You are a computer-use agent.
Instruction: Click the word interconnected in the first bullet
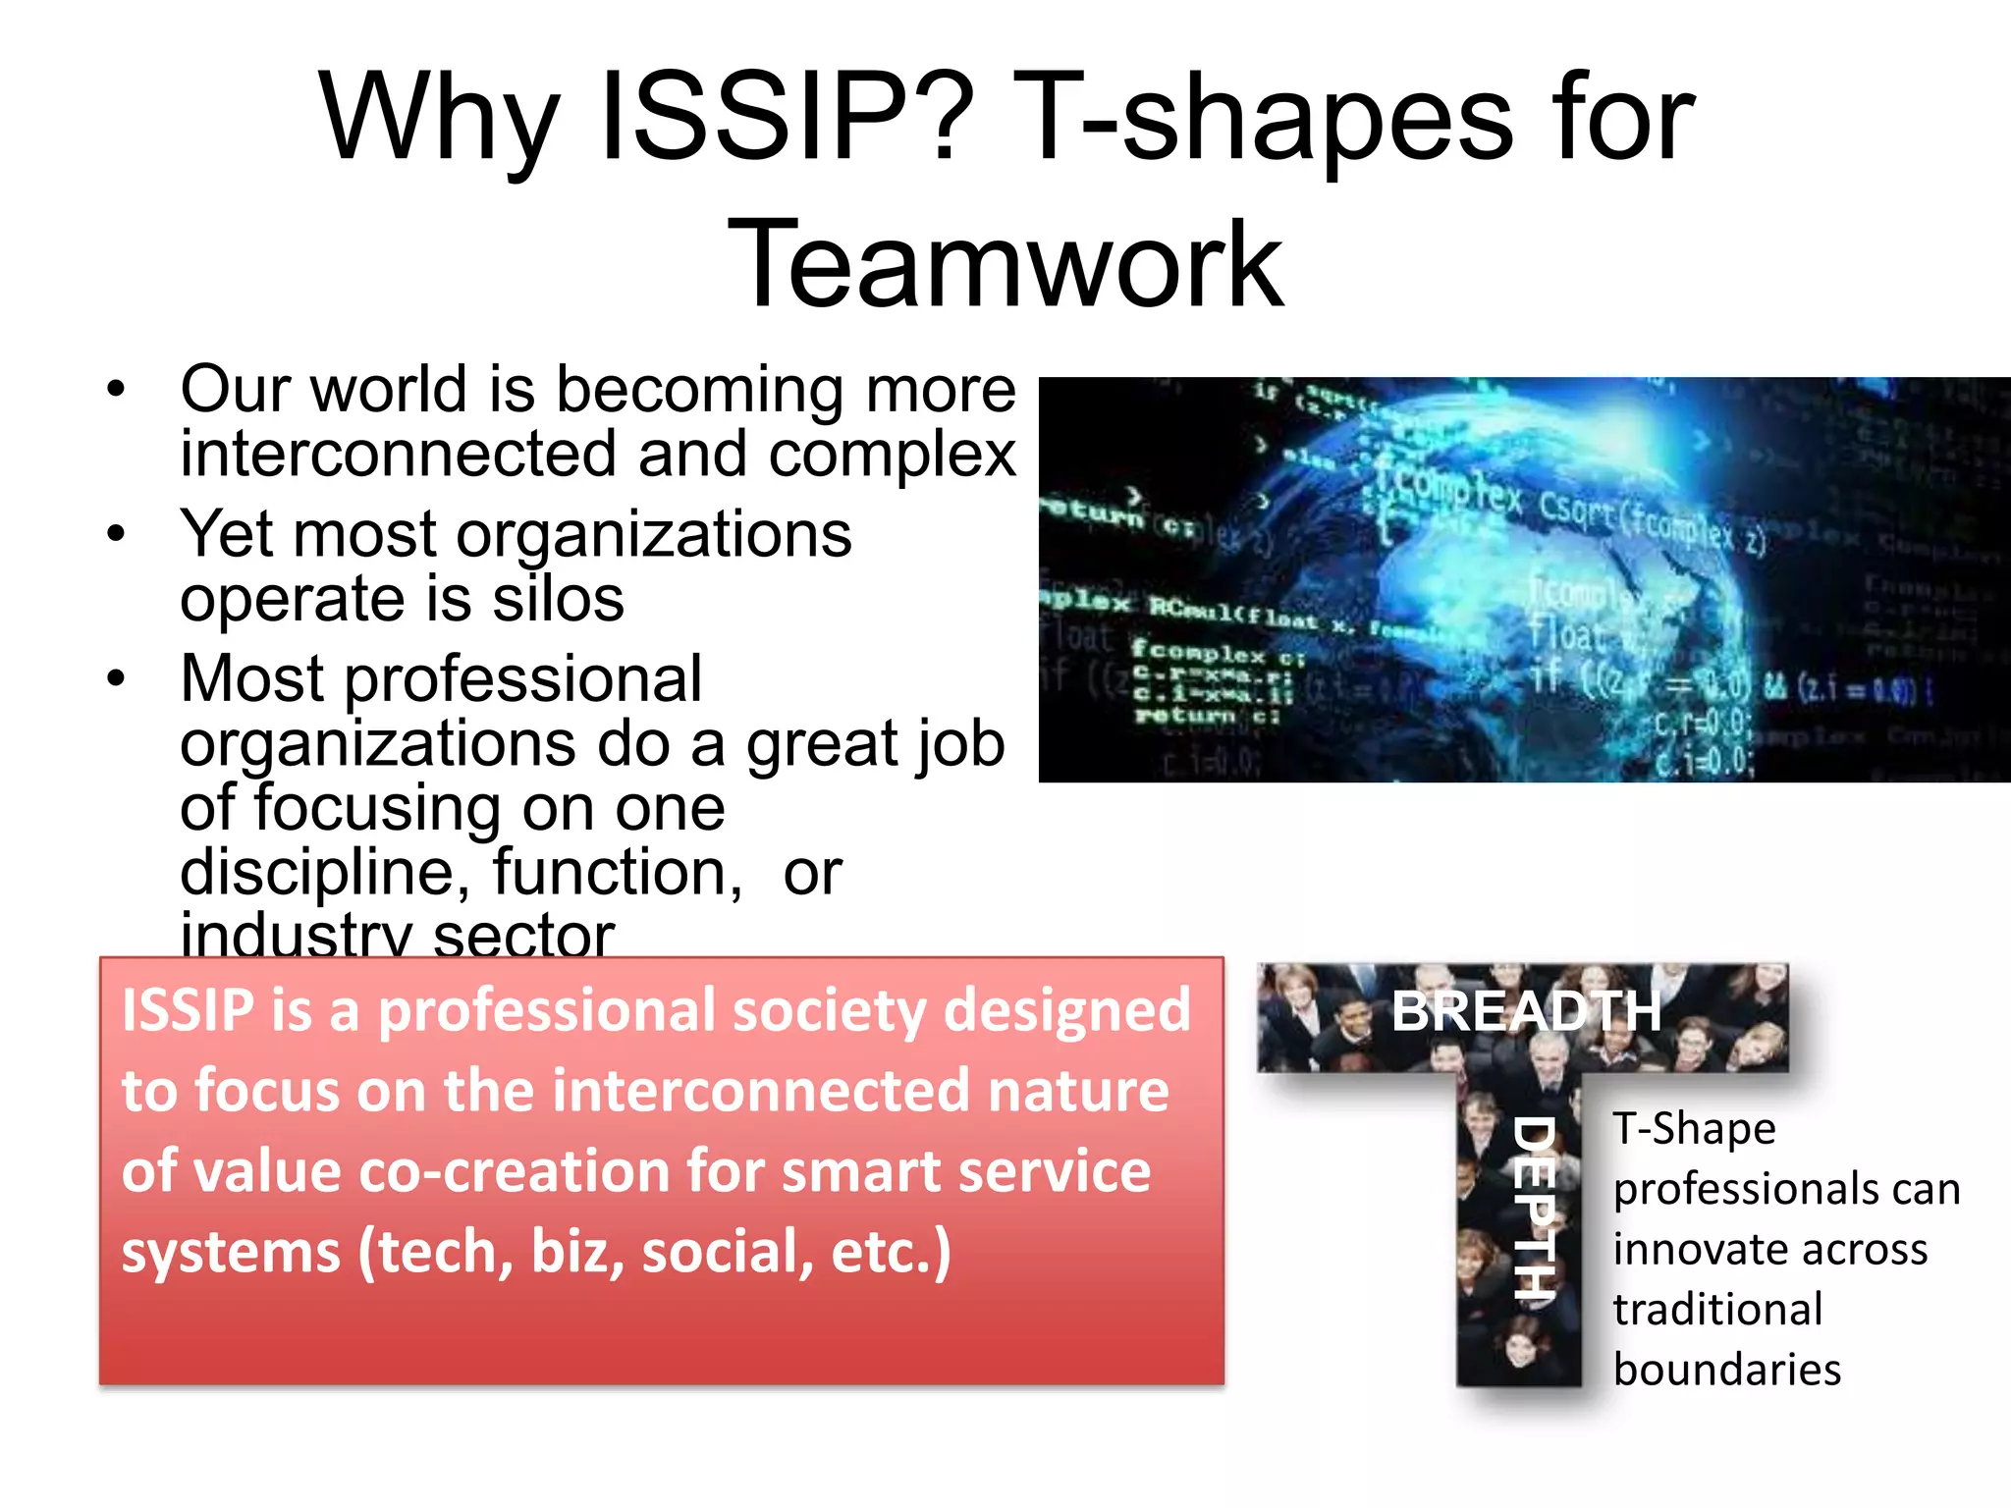pyautogui.click(x=399, y=454)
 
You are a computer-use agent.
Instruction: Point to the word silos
pyautogui.click(x=558, y=599)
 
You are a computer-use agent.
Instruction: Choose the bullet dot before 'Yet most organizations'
pyautogui.click(x=117, y=535)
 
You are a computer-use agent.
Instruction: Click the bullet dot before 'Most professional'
pyautogui.click(x=117, y=678)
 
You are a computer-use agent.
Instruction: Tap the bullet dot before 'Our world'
pyautogui.click(x=117, y=390)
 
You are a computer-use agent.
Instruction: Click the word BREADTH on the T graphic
pyautogui.click(x=1526, y=1011)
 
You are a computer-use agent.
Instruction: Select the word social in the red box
pyautogui.click(x=727, y=1253)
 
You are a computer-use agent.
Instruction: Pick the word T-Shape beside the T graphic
pyautogui.click(x=1695, y=1129)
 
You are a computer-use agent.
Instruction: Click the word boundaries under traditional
pyautogui.click(x=1727, y=1371)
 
